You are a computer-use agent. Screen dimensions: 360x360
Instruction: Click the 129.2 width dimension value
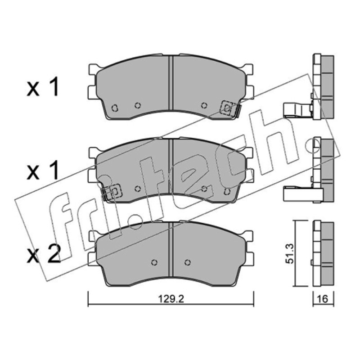point(171,299)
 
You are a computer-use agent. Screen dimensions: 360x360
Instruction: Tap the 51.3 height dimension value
point(290,254)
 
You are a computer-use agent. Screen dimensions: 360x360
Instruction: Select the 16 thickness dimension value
point(323,299)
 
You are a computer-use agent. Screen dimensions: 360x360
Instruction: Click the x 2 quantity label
point(44,254)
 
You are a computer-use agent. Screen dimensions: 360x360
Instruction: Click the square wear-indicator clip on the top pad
point(227,108)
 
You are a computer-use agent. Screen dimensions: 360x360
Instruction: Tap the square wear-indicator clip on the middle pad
point(115,191)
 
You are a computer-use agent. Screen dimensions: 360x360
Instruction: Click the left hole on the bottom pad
point(154,262)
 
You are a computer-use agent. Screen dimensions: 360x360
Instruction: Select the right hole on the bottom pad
point(188,262)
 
